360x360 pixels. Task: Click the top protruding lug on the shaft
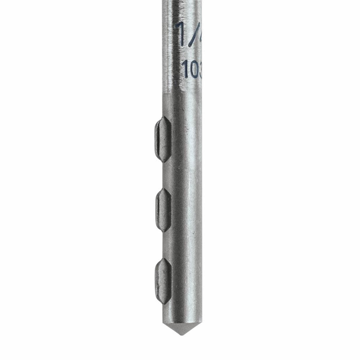pos(162,139)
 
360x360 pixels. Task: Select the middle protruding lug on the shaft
pos(163,210)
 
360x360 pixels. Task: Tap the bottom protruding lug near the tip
pos(163,281)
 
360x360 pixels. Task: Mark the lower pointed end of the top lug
pos(164,161)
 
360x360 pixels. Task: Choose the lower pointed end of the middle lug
pos(164,231)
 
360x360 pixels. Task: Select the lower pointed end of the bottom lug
pos(164,303)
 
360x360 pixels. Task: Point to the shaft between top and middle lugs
pos(182,175)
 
